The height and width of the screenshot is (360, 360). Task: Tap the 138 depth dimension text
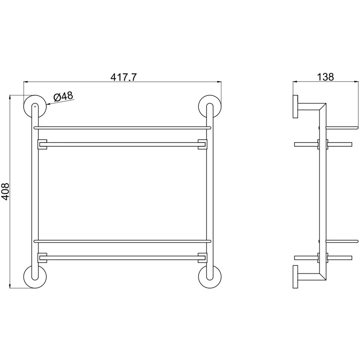pos(325,76)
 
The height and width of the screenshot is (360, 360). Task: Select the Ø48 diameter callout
pos(63,96)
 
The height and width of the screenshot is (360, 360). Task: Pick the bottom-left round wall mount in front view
pos(34,276)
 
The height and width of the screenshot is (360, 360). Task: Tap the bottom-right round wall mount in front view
pos(209,276)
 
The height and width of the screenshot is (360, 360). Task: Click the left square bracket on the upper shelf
pos(42,144)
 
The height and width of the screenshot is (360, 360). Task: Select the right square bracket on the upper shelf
pos(202,144)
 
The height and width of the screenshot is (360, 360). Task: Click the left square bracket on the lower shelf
pos(42,258)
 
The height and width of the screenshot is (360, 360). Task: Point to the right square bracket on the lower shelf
pos(202,258)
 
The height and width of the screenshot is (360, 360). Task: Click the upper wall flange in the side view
pos(296,107)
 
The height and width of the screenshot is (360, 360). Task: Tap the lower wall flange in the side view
pos(296,276)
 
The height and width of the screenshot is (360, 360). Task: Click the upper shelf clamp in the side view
pos(323,144)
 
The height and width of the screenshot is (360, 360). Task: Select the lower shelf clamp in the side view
pos(323,258)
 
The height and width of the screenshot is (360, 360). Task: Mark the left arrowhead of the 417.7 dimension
pos(26,82)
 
